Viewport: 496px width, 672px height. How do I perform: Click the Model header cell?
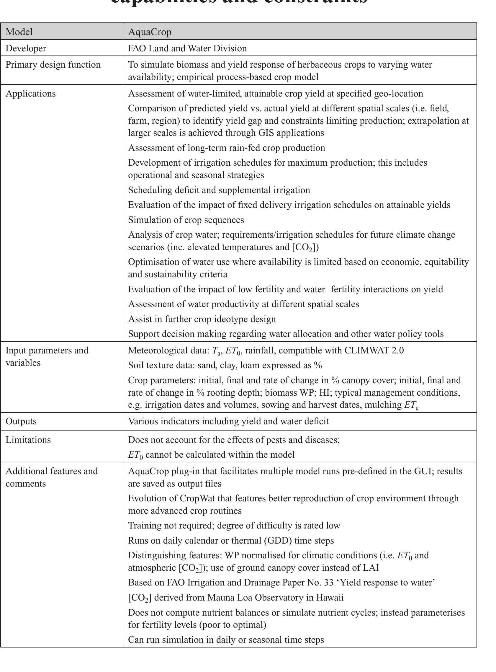tap(19, 32)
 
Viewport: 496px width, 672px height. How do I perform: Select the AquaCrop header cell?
tap(150, 32)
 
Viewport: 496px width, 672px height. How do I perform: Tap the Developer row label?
tap(26, 48)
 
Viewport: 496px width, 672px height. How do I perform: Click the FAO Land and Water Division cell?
tap(187, 48)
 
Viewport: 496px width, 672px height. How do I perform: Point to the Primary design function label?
tap(53, 65)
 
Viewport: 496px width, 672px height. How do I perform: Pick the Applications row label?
tap(31, 93)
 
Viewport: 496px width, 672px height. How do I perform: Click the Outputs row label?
tap(21, 421)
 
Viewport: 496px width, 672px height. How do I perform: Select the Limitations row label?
tap(28, 440)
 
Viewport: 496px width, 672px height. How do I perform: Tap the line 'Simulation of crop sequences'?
tap(186, 220)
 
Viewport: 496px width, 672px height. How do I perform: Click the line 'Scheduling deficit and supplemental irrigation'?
tap(219, 190)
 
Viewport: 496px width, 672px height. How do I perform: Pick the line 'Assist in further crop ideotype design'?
tap(202, 319)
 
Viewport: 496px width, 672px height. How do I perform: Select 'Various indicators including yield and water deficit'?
tap(228, 421)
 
